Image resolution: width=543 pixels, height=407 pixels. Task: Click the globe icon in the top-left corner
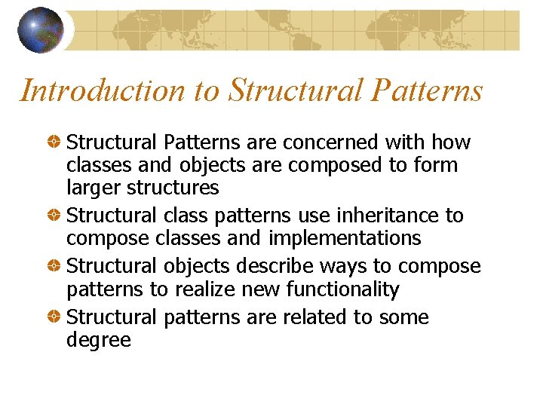(40, 30)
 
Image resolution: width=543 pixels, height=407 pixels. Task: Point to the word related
(313, 317)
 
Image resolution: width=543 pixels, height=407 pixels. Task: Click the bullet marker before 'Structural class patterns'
(55, 216)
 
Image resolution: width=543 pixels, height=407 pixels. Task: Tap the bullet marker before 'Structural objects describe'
(55, 267)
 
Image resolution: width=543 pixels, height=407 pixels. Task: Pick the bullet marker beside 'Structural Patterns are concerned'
(55, 142)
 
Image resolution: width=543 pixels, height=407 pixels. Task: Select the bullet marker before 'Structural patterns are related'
(55, 317)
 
